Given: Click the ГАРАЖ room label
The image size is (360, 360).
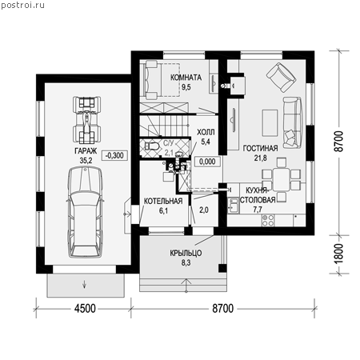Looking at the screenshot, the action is pos(86,151).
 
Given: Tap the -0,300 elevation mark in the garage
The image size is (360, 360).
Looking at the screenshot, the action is pos(114,155).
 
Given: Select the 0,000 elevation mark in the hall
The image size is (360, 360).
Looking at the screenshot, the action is pos(207,162).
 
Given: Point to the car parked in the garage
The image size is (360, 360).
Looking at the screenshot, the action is pos(86,212).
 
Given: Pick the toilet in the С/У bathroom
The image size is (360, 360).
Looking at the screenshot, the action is pos(151,146).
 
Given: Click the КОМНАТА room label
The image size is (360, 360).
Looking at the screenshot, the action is pos(186,78).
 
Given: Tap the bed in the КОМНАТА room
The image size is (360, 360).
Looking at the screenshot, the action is pos(162,80).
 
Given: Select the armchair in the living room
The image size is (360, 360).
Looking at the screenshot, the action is pos(282,78).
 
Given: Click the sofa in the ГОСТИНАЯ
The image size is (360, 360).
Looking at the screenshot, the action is pos(293,122).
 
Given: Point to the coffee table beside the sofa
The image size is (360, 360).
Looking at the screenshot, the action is pos(270,123).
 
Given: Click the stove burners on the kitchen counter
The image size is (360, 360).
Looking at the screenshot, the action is pos(268,221).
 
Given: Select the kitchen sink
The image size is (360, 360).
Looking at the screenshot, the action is pos(234,206).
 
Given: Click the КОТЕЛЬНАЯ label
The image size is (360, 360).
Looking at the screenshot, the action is pos(163,201).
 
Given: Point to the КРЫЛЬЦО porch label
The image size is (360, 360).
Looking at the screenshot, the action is pos(186,253).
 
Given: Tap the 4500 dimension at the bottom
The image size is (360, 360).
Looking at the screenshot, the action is pos(85,309).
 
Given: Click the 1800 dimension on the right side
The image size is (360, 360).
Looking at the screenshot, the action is pos(338,254).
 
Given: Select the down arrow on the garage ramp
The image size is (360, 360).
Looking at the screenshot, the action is pos(85,284).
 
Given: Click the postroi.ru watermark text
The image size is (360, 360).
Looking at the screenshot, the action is pos(22,5).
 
